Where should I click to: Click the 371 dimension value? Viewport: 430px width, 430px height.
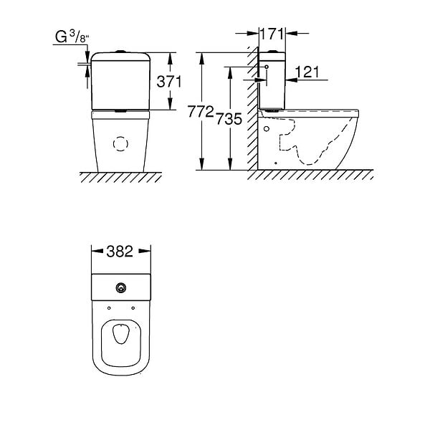click(x=169, y=82)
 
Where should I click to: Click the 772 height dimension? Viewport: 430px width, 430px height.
click(x=201, y=112)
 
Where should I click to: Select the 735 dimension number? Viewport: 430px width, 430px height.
click(x=229, y=119)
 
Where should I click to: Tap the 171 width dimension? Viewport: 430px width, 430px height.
click(x=272, y=34)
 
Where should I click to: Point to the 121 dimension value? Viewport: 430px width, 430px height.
click(x=307, y=72)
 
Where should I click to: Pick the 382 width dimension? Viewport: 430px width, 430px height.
click(x=120, y=252)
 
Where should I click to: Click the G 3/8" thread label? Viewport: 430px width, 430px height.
click(x=72, y=37)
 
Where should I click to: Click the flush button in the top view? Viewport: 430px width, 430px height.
click(x=121, y=287)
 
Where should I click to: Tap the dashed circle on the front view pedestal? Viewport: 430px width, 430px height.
click(x=120, y=144)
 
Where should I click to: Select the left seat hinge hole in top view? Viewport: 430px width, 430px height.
click(x=109, y=308)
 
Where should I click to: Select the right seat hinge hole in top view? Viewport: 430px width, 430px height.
click(x=133, y=308)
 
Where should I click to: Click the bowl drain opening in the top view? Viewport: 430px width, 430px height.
click(x=121, y=334)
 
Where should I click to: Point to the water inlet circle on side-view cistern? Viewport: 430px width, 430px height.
click(x=267, y=67)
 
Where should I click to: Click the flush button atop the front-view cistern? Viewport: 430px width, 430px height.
click(x=120, y=52)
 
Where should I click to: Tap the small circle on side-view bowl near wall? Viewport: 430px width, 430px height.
click(x=267, y=128)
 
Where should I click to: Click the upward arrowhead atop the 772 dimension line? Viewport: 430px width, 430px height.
click(x=202, y=58)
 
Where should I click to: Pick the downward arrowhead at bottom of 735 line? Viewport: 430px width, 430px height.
click(x=230, y=164)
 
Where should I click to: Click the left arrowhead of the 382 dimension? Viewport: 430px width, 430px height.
click(x=97, y=251)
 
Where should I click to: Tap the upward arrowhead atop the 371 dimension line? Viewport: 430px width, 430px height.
click(x=171, y=58)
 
